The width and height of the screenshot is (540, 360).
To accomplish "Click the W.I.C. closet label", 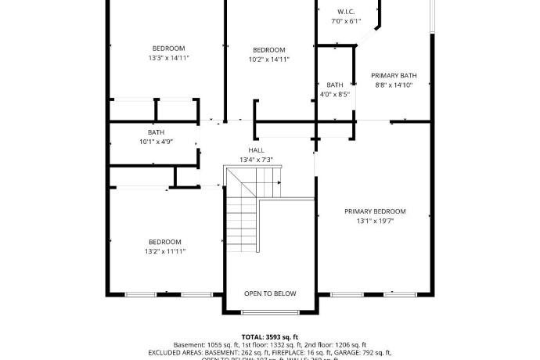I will (x=346, y=12).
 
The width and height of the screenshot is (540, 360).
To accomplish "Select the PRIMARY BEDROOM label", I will (x=375, y=211).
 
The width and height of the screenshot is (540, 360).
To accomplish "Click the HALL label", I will (x=257, y=150).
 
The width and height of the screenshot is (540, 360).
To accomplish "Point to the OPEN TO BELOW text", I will (x=270, y=293).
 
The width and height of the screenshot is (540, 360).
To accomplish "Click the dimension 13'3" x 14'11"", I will (x=168, y=58).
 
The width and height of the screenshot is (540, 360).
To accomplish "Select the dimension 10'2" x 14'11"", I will (x=269, y=59).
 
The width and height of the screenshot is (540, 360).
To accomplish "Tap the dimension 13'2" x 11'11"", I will (x=164, y=251).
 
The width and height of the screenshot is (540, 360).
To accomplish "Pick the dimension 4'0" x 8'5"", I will (x=335, y=94).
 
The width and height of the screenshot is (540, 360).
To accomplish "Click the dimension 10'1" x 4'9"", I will (x=156, y=142).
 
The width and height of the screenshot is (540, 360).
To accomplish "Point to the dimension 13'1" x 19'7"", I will (x=375, y=221).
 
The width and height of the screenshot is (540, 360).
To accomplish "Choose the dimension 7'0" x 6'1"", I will (x=346, y=21).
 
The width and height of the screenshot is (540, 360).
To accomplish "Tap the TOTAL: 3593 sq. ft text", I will (x=269, y=336).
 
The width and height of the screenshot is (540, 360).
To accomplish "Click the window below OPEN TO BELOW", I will (x=270, y=312).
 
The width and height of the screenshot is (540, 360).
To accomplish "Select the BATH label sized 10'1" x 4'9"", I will (x=156, y=132).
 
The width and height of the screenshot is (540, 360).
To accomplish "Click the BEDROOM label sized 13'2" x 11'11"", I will (x=164, y=242).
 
